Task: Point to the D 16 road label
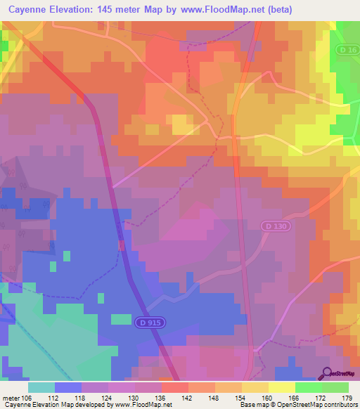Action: [347, 50]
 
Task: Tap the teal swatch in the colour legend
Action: [41, 387]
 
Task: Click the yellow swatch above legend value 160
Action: [255, 387]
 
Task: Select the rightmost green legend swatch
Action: [335, 387]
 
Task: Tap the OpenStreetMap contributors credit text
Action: [323, 405]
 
